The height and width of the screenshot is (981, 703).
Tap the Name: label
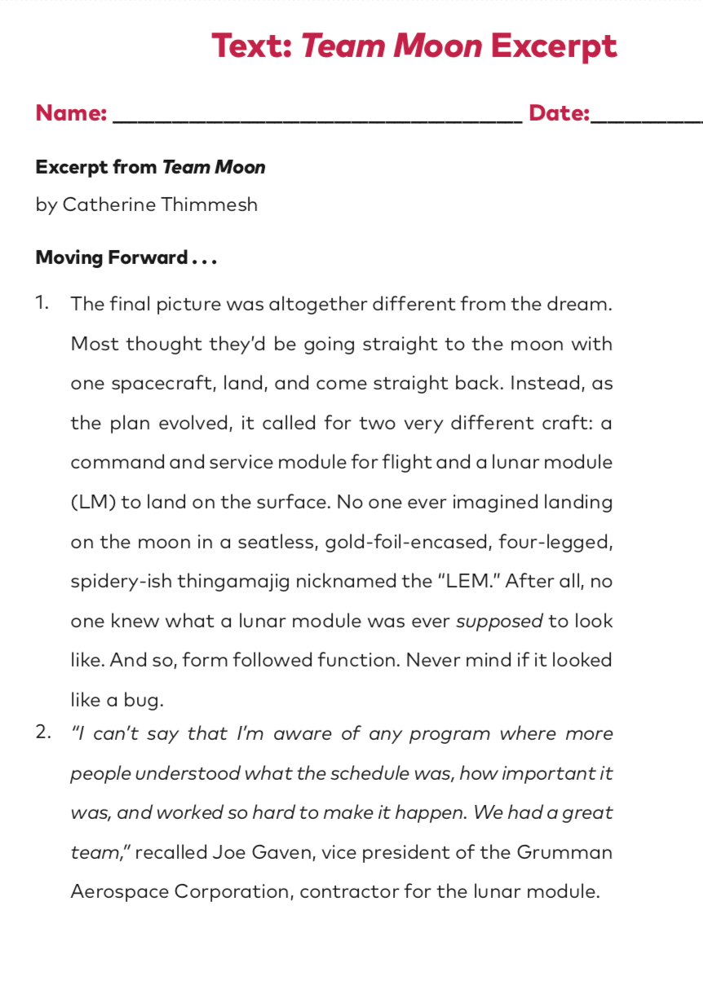[71, 113]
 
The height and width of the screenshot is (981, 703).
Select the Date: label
[559, 113]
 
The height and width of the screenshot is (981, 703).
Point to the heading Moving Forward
[112, 258]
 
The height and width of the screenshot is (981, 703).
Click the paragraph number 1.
[42, 304]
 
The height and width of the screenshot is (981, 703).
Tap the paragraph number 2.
[42, 732]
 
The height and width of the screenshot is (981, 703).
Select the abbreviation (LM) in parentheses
[93, 503]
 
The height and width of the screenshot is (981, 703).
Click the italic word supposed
[499, 622]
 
